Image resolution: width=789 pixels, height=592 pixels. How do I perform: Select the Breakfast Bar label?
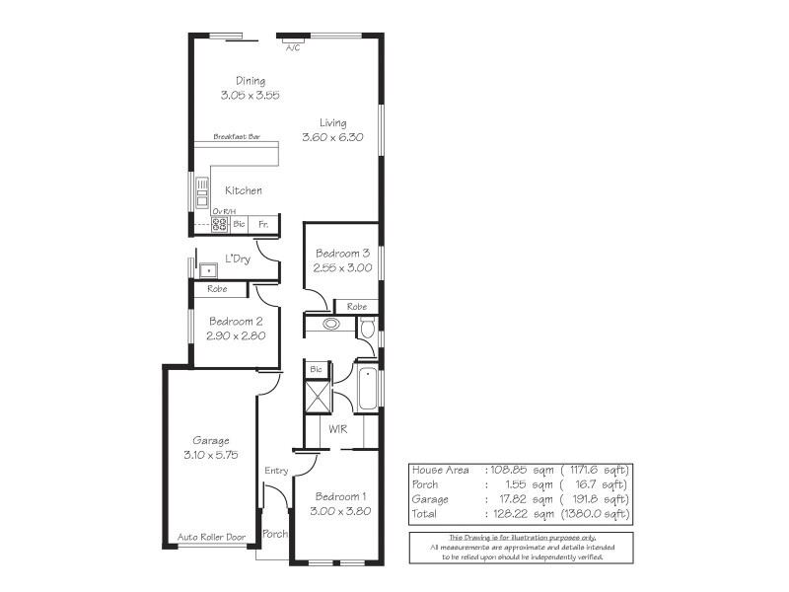[237, 136]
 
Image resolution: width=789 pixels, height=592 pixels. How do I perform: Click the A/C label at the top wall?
[293, 47]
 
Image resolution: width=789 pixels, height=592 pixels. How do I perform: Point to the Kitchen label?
[244, 190]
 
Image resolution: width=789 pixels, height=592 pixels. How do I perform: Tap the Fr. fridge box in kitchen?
[262, 225]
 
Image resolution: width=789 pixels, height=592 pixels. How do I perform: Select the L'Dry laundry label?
[237, 259]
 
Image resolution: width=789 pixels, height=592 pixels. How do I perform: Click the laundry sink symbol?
[209, 268]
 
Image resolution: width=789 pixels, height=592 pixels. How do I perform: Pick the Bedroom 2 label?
[235, 321]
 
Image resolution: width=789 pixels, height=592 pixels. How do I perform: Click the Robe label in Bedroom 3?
[356, 307]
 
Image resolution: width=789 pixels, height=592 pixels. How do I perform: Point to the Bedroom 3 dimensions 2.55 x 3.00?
[341, 267]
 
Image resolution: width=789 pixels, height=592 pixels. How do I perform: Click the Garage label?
[211, 440]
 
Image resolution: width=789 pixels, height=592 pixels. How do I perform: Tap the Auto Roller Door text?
[209, 539]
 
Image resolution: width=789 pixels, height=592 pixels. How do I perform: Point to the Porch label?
[274, 534]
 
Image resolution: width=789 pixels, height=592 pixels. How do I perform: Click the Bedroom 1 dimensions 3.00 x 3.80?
[340, 511]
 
